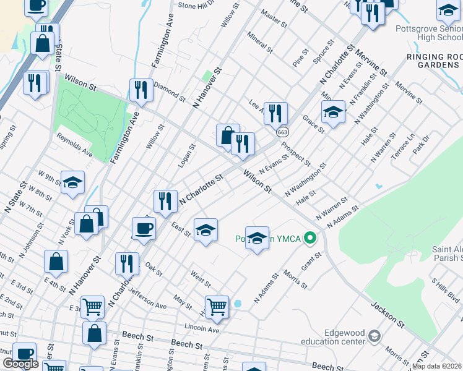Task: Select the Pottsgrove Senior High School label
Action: pyautogui.click(x=428, y=33)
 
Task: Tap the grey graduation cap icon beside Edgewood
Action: pyautogui.click(x=374, y=336)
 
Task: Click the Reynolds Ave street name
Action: pyautogui.click(x=74, y=144)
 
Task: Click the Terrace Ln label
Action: pyautogui.click(x=402, y=147)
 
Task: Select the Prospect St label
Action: pyautogui.click(x=296, y=154)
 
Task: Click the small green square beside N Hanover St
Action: pyautogui.click(x=207, y=77)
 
